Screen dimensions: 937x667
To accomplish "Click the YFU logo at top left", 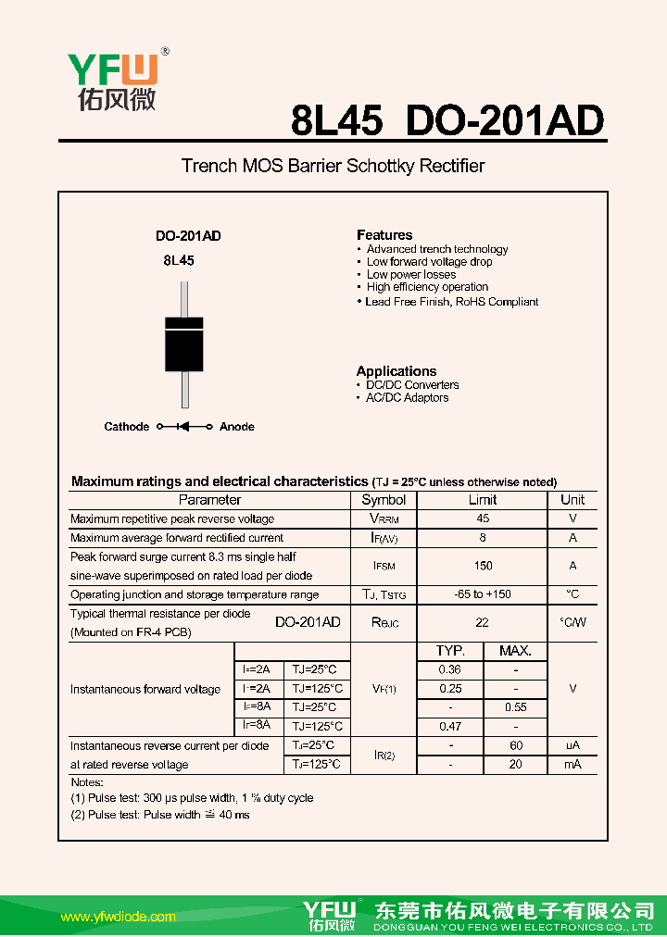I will (111, 81).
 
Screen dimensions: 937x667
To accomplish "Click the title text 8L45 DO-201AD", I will (447, 120).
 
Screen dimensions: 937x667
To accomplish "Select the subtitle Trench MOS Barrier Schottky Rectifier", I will (333, 167).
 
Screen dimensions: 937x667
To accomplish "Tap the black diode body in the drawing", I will (184, 344).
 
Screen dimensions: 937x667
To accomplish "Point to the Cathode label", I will (126, 427).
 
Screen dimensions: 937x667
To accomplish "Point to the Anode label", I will (237, 427).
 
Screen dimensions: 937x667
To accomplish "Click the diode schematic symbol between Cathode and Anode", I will (183, 427).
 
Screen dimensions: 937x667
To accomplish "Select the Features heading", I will (384, 235).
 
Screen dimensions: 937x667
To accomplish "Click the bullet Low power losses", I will (410, 275).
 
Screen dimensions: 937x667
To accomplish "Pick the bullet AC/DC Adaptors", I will (407, 398).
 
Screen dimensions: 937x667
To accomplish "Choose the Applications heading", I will (396, 371).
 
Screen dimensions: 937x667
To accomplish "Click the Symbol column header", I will (384, 500).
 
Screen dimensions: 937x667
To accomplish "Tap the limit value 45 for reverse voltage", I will (483, 519).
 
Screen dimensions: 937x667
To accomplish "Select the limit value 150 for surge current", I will (483, 566).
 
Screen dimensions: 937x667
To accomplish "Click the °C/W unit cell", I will (573, 623).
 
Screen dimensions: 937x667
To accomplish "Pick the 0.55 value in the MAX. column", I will (516, 707).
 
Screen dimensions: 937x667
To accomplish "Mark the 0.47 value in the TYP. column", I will (450, 727).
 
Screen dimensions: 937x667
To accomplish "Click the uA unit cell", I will (573, 745).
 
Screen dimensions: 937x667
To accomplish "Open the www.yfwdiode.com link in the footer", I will (118, 918).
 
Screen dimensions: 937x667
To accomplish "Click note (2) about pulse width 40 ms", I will (160, 815).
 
